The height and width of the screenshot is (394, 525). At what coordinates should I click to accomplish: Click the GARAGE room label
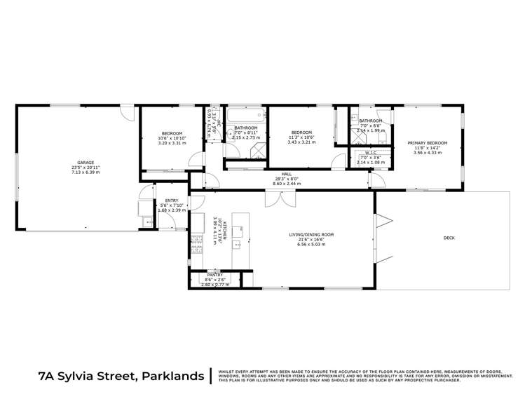[86, 162]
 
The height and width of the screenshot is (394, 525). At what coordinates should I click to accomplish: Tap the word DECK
[449, 238]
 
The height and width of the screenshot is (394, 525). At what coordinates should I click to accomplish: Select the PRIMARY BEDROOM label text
[428, 143]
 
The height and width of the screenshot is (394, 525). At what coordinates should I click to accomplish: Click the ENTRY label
[162, 201]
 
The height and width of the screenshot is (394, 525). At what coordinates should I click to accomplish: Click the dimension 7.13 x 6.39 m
[86, 172]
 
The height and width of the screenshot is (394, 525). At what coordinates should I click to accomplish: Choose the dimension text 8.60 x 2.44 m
[287, 183]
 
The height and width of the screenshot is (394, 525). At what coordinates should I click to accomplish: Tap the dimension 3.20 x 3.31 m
[172, 143]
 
